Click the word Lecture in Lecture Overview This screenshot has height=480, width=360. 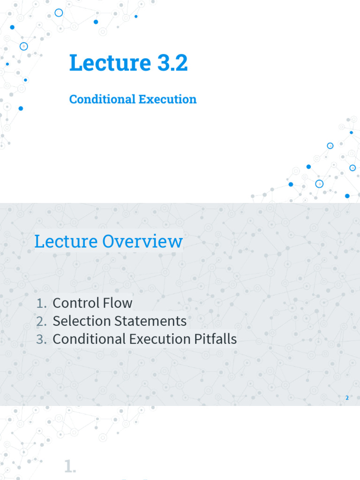(x=66, y=242)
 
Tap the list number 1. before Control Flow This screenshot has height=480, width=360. (x=41, y=303)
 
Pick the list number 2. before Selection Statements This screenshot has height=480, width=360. (x=41, y=322)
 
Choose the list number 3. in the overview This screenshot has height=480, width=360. (x=41, y=339)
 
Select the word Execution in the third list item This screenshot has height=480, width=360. (x=157, y=339)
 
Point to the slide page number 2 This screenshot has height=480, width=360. (x=347, y=398)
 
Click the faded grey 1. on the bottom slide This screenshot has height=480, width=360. (x=70, y=466)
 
